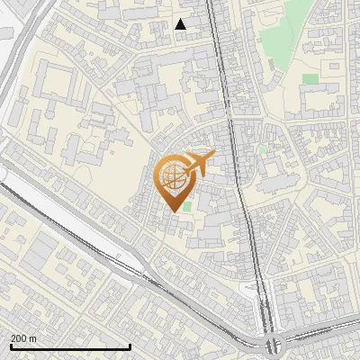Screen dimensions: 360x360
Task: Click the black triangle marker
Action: pos(181,24)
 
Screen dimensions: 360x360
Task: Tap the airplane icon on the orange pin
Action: pos(200,163)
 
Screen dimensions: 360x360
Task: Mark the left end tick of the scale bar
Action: pos(10,346)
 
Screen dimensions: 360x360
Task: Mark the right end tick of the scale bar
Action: pos(130,346)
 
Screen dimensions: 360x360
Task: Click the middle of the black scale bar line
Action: pos(70,346)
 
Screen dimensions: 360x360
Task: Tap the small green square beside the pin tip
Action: pos(187,206)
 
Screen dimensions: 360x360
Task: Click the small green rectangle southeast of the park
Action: pos(310,79)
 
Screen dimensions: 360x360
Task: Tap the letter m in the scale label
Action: pos(33,338)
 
